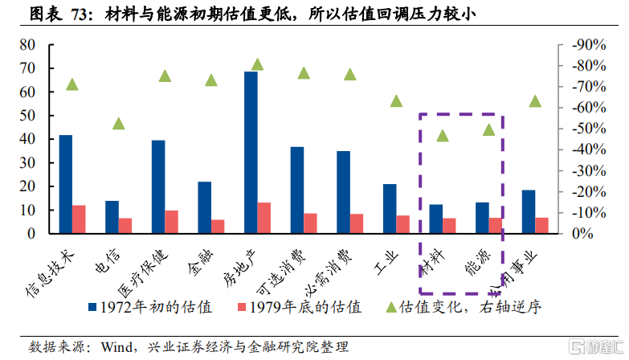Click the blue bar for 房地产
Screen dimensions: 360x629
[251, 153]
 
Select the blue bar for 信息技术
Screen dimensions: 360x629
[65, 184]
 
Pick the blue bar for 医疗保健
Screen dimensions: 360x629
[158, 187]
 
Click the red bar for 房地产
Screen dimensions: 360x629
[264, 218]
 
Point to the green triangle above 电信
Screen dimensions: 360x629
[119, 124]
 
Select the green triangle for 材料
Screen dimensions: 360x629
[443, 135]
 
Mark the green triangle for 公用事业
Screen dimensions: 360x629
[536, 101]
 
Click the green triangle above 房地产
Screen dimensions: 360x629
[258, 64]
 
